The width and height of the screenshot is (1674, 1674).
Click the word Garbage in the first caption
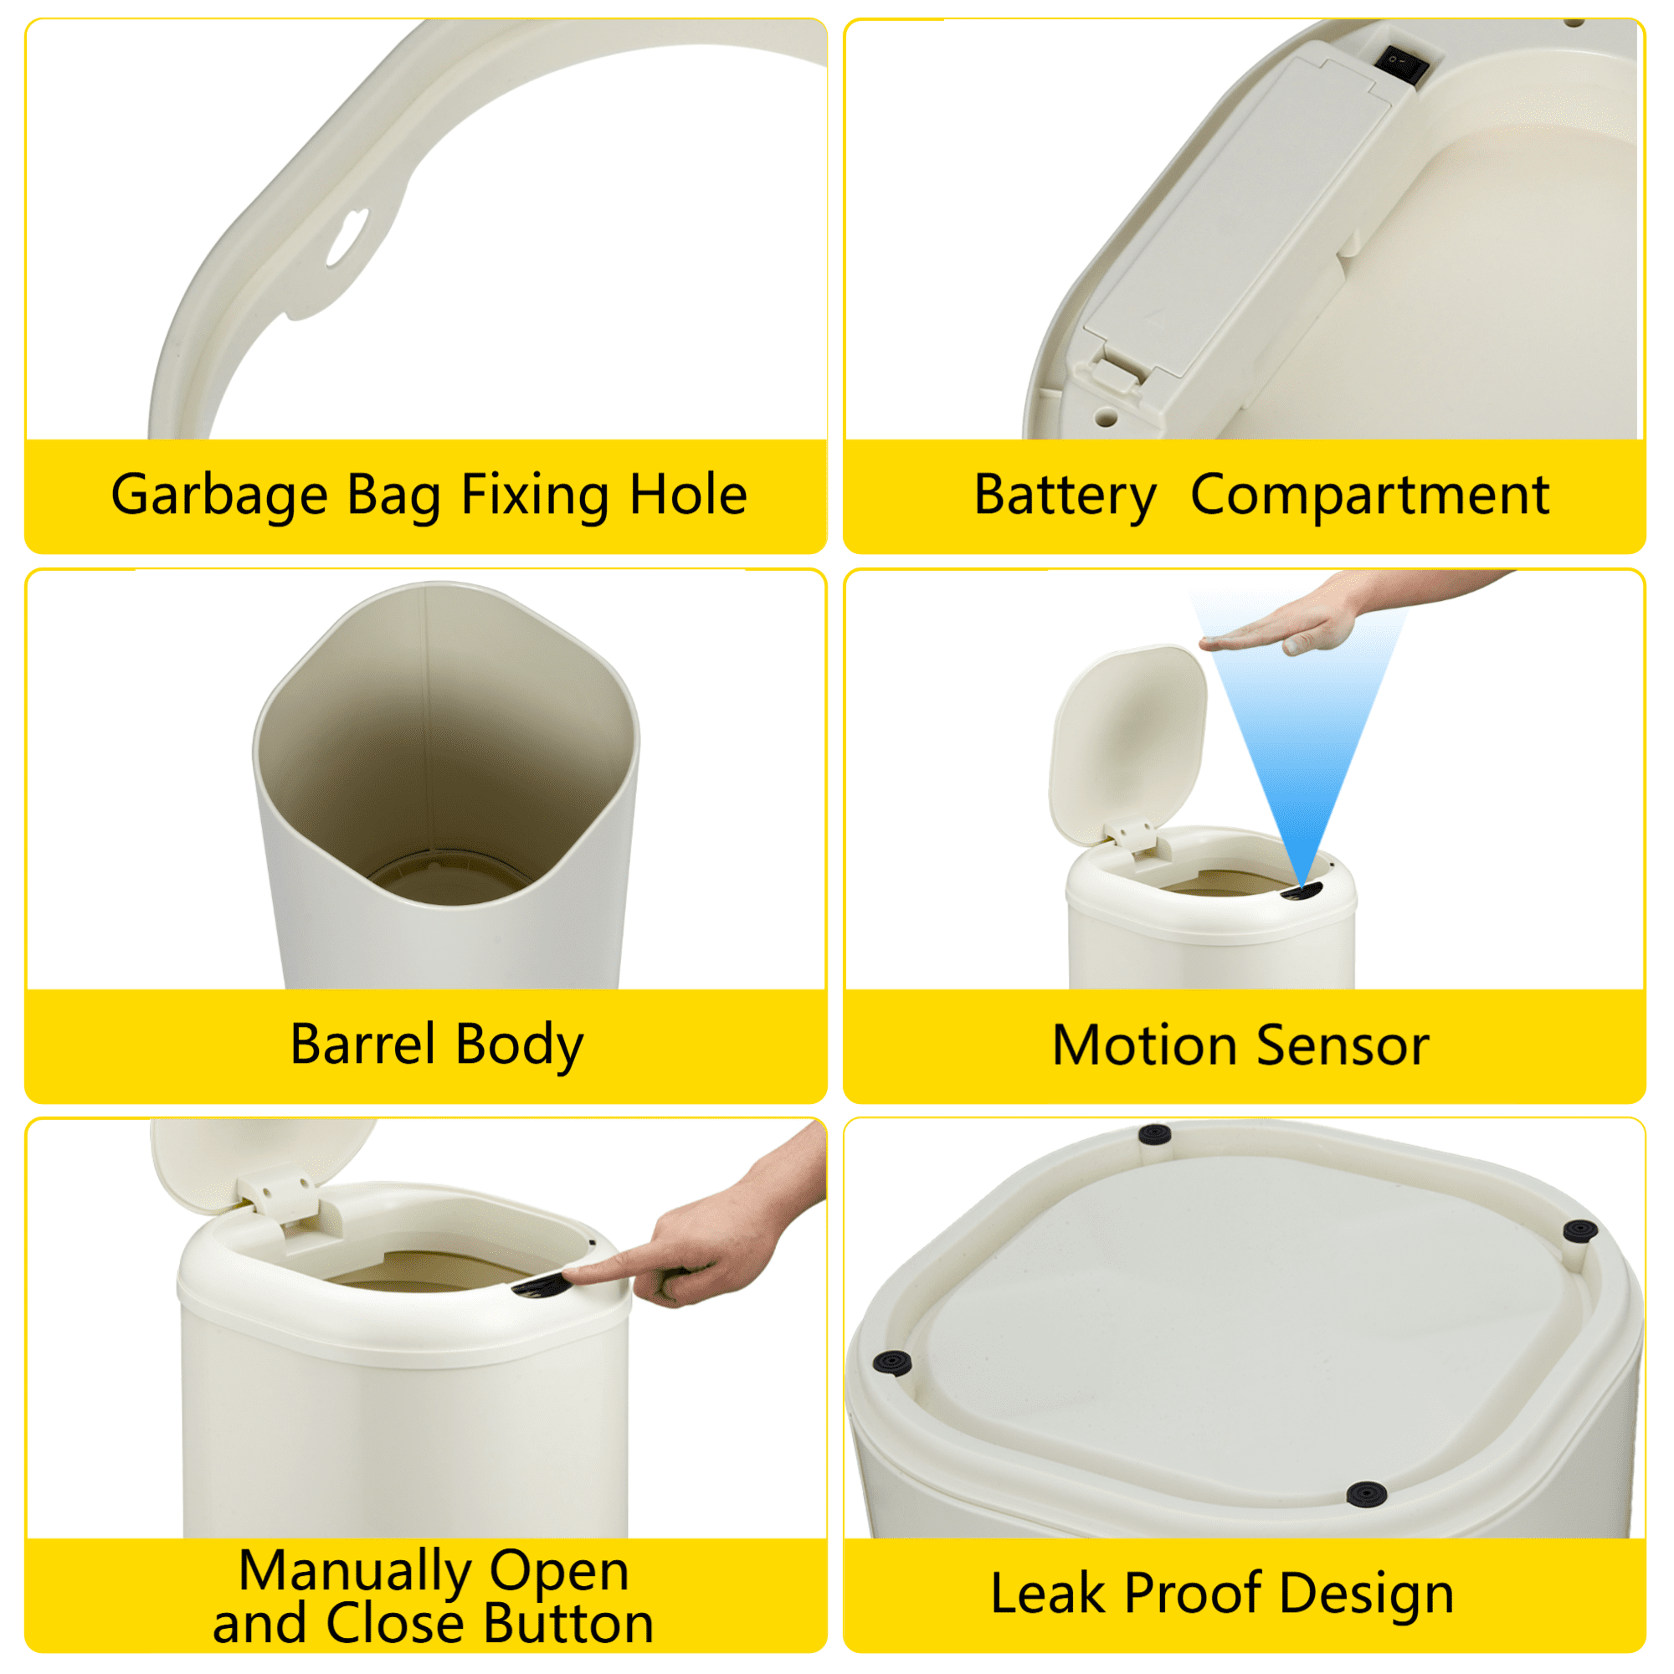pos(218,496)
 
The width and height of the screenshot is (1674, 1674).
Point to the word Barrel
pos(362,1044)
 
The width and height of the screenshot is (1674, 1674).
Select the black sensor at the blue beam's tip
pos(1302,892)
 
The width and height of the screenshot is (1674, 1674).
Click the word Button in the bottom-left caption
pos(568,1624)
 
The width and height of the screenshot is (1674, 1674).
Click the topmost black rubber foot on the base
pos(1154,1134)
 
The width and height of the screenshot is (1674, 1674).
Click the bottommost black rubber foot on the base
pos(1367,1494)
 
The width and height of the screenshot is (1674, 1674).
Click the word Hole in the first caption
pos(688,496)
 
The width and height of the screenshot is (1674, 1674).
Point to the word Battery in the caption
pos(1065,496)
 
